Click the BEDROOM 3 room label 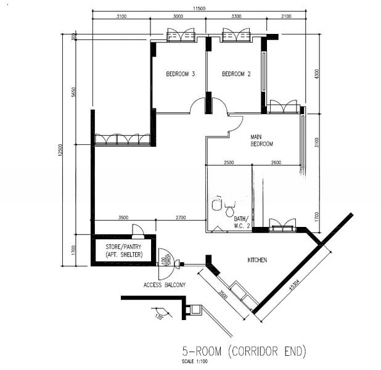click(x=181, y=75)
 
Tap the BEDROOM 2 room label click(x=236, y=75)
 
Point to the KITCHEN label click(x=257, y=260)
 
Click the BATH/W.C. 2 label click(x=240, y=221)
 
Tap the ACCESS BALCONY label click(x=164, y=285)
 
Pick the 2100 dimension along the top click(x=286, y=17)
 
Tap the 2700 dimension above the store click(x=180, y=218)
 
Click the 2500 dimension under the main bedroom click(x=229, y=162)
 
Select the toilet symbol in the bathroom click(x=218, y=204)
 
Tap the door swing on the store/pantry click(x=137, y=231)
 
